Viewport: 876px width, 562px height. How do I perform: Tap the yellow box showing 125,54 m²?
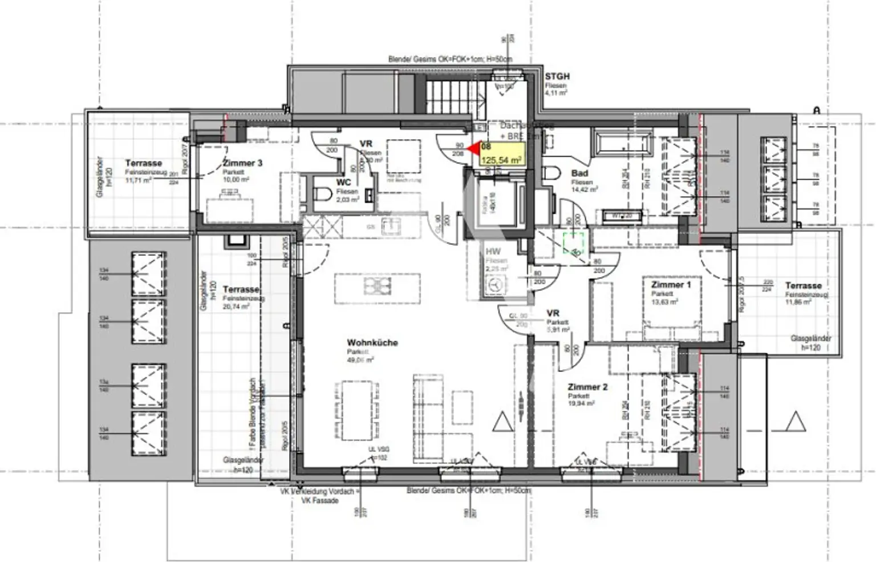[501, 154]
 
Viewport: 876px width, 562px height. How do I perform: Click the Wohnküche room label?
[372, 343]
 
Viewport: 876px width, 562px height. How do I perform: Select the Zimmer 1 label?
[671, 285]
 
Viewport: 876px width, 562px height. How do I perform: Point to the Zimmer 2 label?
[587, 387]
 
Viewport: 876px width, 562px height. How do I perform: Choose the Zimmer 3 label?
[242, 163]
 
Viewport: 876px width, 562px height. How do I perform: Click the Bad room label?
[579, 173]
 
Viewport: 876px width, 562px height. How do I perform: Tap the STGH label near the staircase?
[557, 76]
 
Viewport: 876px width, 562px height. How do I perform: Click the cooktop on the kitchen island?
[377, 285]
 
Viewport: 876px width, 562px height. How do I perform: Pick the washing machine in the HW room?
[494, 286]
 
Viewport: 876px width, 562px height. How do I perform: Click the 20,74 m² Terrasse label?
[241, 290]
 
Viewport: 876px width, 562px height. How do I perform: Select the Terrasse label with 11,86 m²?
[803, 286]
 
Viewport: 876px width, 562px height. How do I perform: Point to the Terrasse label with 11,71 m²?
[143, 163]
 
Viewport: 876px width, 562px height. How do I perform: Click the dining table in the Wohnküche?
[354, 411]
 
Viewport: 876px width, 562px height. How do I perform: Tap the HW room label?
[493, 252]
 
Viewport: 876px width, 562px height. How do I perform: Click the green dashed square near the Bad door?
[575, 243]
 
